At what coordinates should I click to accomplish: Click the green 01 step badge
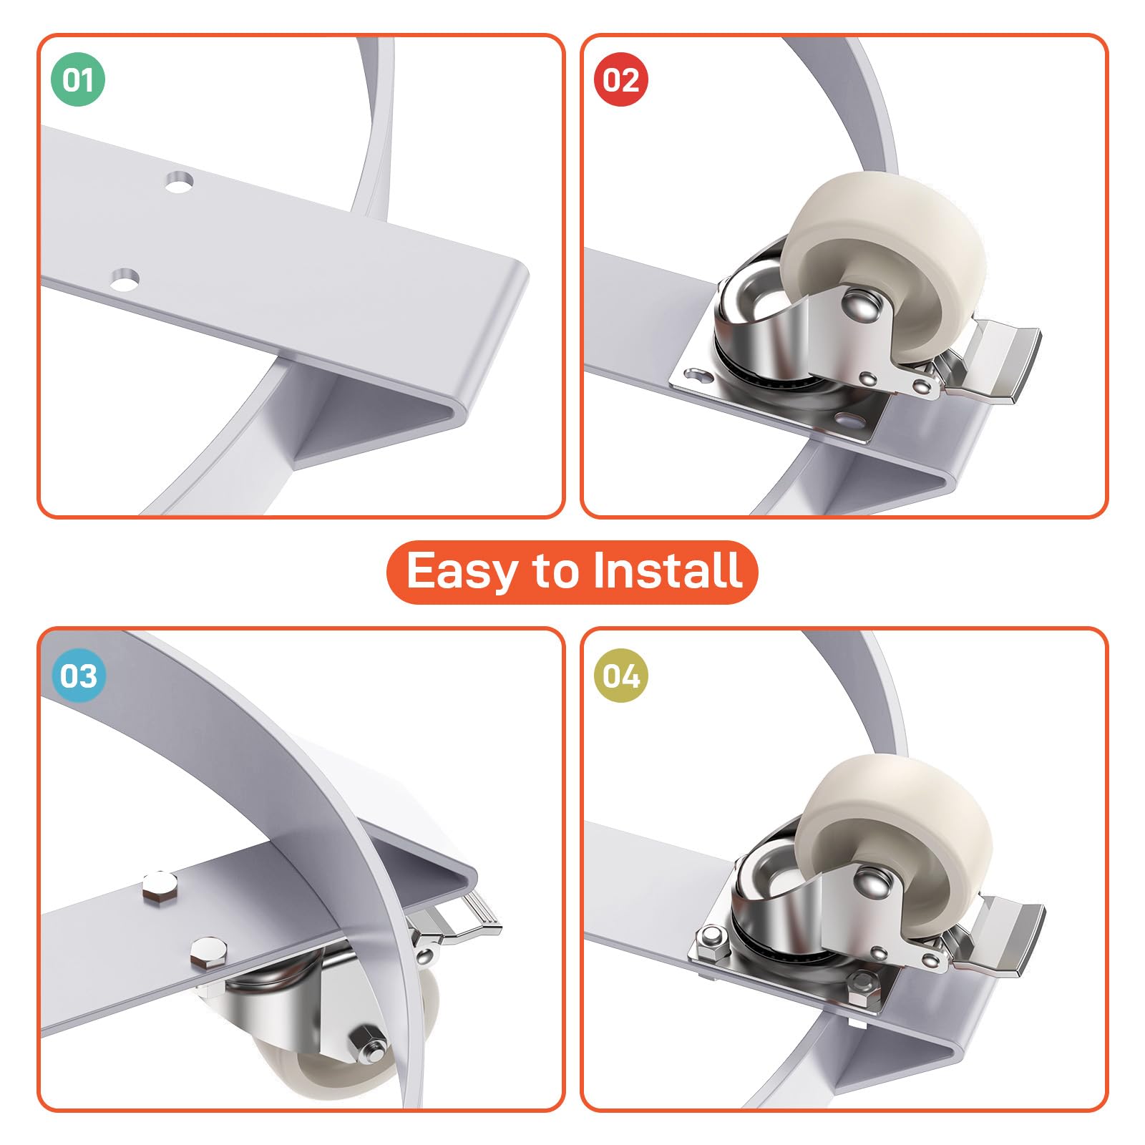point(78,79)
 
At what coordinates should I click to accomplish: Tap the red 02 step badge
point(621,79)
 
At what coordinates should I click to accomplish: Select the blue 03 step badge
point(78,676)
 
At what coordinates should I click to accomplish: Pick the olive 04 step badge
point(621,676)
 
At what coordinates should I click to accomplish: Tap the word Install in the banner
point(669,570)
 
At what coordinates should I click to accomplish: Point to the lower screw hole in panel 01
point(125,279)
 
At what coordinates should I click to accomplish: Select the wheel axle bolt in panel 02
point(859,302)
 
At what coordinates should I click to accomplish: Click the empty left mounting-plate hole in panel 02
point(695,374)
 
